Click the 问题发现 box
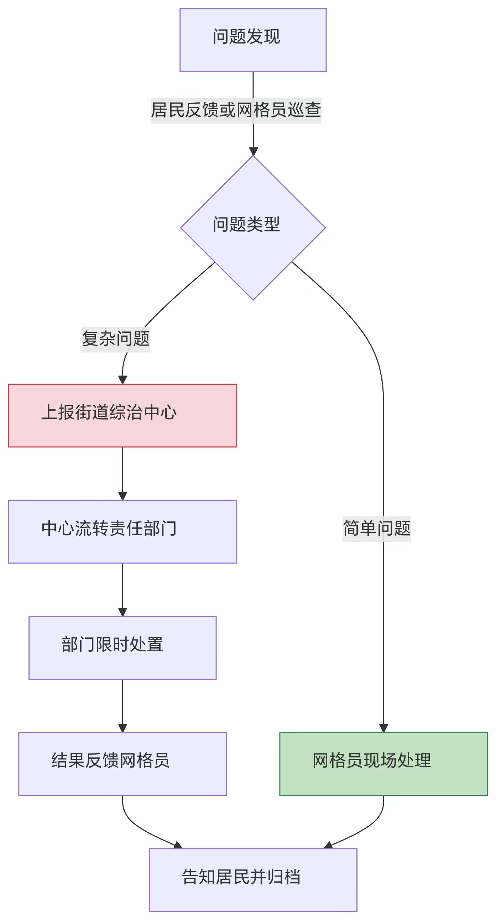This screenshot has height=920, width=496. point(253,40)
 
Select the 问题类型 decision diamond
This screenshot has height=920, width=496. point(253,227)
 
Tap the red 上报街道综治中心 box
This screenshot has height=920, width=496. point(122,415)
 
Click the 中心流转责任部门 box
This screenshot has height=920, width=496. point(122,531)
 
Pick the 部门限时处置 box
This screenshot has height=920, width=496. point(122,647)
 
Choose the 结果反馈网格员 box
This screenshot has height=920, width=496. point(122,763)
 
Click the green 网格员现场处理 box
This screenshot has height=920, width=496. point(383,763)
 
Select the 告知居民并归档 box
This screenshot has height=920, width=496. point(253,880)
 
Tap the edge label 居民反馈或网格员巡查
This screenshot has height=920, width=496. point(235,110)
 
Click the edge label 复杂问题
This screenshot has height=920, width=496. point(115,339)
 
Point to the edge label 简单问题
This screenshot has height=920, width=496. point(376,529)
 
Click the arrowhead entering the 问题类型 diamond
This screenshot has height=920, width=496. point(253,151)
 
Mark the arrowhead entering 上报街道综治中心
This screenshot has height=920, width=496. point(122,380)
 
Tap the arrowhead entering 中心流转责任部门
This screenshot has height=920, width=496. point(122,496)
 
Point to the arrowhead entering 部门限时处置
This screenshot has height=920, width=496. point(122,612)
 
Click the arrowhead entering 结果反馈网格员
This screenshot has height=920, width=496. point(122,728)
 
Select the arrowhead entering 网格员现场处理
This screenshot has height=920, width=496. point(383,728)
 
